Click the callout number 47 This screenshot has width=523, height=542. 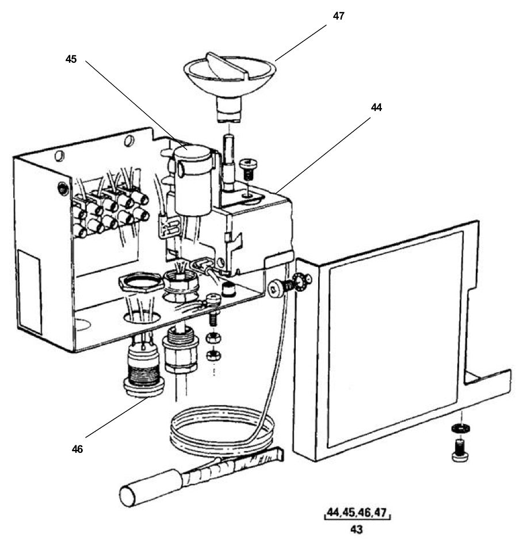[x=338, y=16]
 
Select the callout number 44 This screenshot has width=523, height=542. [x=376, y=107]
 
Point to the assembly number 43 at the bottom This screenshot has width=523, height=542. [x=357, y=529]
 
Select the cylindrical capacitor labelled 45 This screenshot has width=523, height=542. [x=193, y=178]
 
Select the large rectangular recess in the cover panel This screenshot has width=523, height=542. [x=394, y=337]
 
